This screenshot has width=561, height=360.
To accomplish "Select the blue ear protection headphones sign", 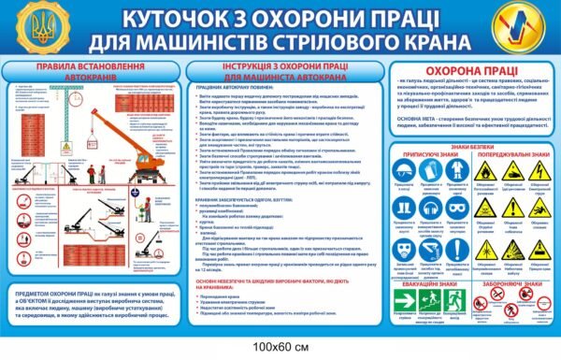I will click(427, 207).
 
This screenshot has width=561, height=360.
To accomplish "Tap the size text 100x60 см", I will click(280, 349).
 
